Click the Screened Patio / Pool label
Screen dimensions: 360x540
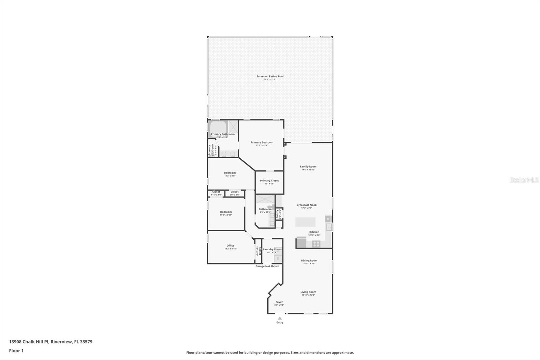[x=270, y=76]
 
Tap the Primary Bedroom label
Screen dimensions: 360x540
[x=262, y=143]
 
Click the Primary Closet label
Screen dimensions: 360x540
[x=269, y=181]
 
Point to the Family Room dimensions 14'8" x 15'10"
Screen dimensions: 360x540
[x=308, y=170]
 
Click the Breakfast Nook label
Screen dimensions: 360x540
[x=306, y=205]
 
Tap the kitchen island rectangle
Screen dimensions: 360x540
[x=305, y=222]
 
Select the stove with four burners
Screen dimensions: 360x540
[x=316, y=243]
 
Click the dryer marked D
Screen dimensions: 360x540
[x=278, y=259]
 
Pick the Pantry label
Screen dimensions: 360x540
[x=277, y=214]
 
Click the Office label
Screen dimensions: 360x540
[x=231, y=246]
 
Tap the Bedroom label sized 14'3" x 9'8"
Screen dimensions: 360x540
[x=230, y=173]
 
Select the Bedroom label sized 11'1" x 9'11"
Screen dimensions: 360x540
[x=226, y=212]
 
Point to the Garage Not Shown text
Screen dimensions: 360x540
[x=267, y=266]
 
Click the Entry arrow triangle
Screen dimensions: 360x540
[x=279, y=318]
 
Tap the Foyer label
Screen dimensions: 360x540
[x=279, y=302]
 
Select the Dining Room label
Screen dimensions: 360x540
[x=309, y=261]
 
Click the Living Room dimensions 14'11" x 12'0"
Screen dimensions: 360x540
[x=308, y=295]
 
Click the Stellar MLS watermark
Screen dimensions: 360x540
[x=524, y=180]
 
